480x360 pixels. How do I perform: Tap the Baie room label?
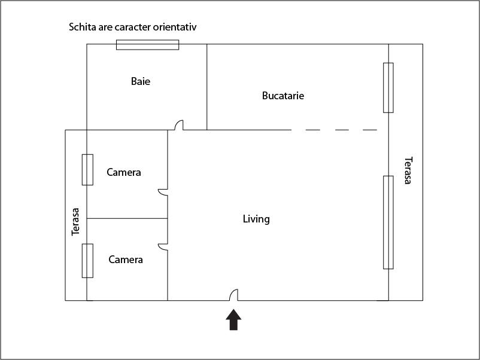point(141,81)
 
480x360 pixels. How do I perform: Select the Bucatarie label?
point(283,96)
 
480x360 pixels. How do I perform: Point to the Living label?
point(256,219)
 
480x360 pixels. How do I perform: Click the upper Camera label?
point(124,172)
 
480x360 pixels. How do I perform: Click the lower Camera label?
point(126,260)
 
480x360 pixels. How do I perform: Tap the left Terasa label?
point(76,221)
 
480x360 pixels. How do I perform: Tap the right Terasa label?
point(408,170)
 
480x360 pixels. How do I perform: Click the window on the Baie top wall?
point(147,45)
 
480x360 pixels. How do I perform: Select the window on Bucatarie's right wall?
point(388,87)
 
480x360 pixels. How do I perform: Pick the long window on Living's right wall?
point(388,222)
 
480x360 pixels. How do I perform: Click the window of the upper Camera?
point(87,169)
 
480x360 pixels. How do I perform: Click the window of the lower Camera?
point(87,261)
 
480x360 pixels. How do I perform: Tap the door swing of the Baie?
point(178,126)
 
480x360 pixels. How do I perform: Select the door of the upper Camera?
point(163,192)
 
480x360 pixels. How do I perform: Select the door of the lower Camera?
point(163,246)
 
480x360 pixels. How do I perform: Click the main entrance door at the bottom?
point(235,295)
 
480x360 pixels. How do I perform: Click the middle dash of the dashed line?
point(342,130)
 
